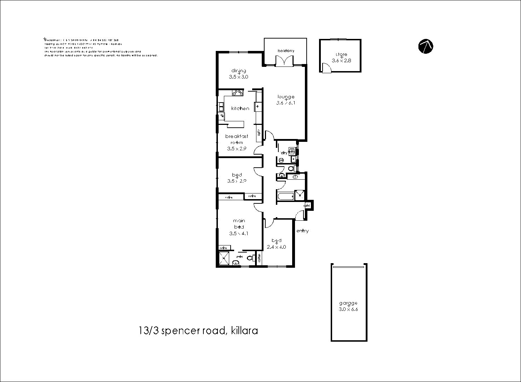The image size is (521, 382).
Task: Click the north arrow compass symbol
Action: click(x=426, y=46)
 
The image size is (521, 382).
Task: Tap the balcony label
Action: click(x=285, y=51)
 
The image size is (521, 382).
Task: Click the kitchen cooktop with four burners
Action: click(x=238, y=93)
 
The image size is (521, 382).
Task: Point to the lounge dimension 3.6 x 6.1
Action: click(x=285, y=103)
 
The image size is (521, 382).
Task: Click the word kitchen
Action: click(x=240, y=109)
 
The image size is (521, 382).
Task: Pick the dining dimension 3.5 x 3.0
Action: click(x=239, y=77)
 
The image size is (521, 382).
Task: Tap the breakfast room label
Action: click(x=237, y=139)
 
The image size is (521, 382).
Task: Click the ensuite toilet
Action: click(x=250, y=258)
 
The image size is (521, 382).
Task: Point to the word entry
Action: click(x=302, y=231)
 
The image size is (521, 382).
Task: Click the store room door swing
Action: click(x=326, y=68)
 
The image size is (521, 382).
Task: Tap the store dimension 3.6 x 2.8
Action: click(x=341, y=60)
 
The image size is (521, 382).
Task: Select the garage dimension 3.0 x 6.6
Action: click(x=348, y=309)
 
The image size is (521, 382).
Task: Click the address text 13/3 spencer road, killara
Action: click(x=198, y=331)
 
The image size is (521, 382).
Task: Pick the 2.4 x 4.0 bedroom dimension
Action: click(x=276, y=247)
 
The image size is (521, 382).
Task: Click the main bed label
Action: click(x=239, y=224)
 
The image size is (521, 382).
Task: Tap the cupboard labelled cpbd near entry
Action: click(x=307, y=206)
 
